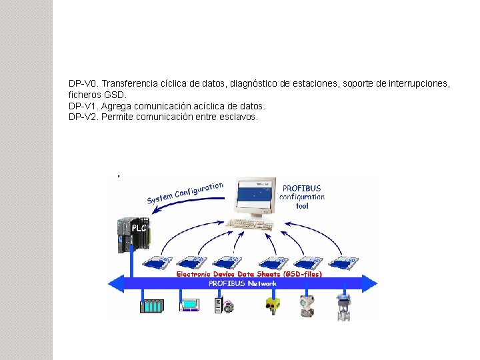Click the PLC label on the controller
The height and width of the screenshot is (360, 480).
point(139,227)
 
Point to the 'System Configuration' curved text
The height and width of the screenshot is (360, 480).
point(185,193)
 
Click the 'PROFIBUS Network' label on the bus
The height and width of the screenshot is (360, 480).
point(243,283)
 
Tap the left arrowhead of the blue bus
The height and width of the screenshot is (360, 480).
point(116,283)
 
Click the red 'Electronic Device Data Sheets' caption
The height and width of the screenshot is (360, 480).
point(249,274)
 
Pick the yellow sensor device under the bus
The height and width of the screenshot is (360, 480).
point(271,305)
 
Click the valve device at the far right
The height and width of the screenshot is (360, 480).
point(344,306)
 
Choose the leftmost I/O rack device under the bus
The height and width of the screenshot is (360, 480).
point(151,307)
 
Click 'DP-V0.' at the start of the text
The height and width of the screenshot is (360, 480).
point(84,84)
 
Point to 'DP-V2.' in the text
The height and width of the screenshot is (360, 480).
point(84,117)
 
